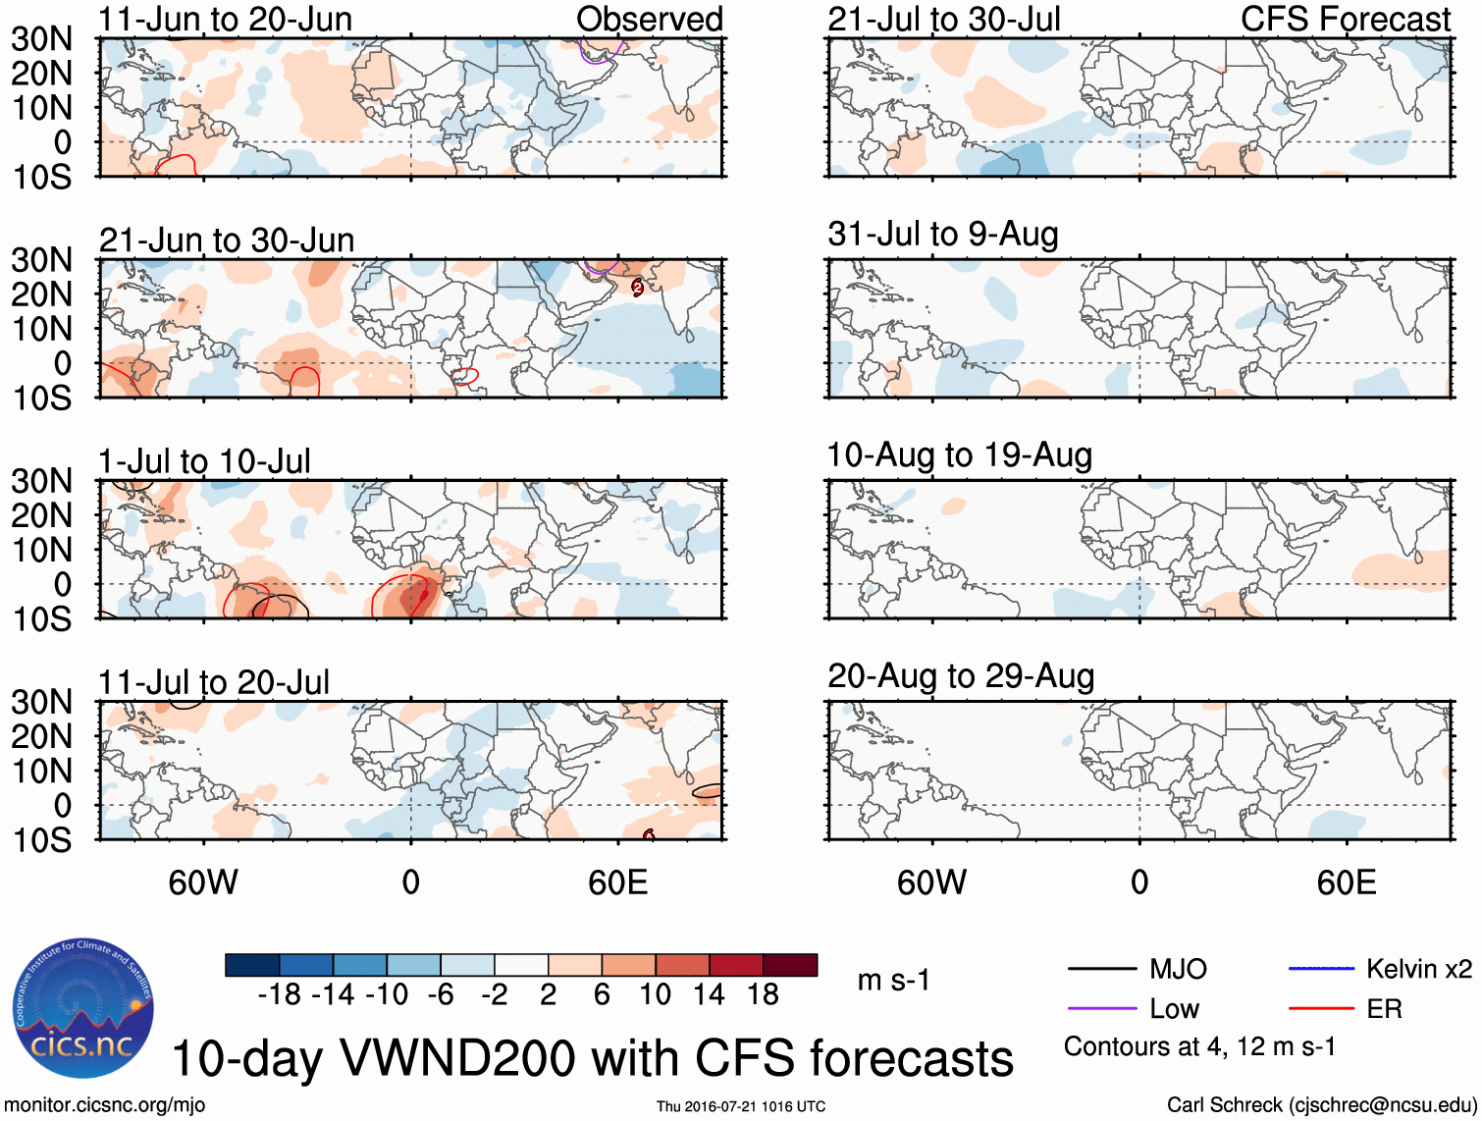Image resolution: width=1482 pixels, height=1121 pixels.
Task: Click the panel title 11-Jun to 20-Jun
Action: [x=225, y=19]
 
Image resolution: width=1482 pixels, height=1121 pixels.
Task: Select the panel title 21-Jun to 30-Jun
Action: [x=226, y=240]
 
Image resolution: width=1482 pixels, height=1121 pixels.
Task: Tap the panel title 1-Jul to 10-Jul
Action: [x=204, y=461]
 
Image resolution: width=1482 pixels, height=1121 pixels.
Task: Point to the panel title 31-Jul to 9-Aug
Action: [x=942, y=235]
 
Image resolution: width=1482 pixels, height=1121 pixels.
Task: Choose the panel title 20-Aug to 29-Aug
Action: [x=960, y=676]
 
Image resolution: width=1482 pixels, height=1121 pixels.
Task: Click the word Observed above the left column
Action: [x=649, y=19]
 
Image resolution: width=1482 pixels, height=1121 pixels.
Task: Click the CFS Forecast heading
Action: [x=1345, y=19]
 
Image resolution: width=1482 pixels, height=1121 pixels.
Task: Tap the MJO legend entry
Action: [x=1178, y=970]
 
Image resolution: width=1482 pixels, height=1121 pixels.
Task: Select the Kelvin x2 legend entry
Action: [x=1418, y=970]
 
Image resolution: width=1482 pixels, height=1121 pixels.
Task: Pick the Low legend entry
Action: [x=1174, y=1009]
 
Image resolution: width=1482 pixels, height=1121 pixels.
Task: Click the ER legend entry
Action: [x=1384, y=1009]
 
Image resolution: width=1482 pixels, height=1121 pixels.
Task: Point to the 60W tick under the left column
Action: [x=203, y=882]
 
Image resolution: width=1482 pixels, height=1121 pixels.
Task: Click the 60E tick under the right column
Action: [x=1346, y=882]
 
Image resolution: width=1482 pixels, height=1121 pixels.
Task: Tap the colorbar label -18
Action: [x=279, y=995]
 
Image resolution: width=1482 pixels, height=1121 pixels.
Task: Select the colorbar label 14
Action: [x=709, y=995]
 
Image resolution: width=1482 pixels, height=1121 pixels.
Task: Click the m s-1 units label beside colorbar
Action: [x=893, y=981]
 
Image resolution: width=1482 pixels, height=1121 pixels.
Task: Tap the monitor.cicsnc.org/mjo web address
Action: [x=105, y=1105]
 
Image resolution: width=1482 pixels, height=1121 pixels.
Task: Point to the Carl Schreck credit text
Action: [x=1321, y=1105]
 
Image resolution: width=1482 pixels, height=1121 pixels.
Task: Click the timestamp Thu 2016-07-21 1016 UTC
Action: [x=741, y=1106]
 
